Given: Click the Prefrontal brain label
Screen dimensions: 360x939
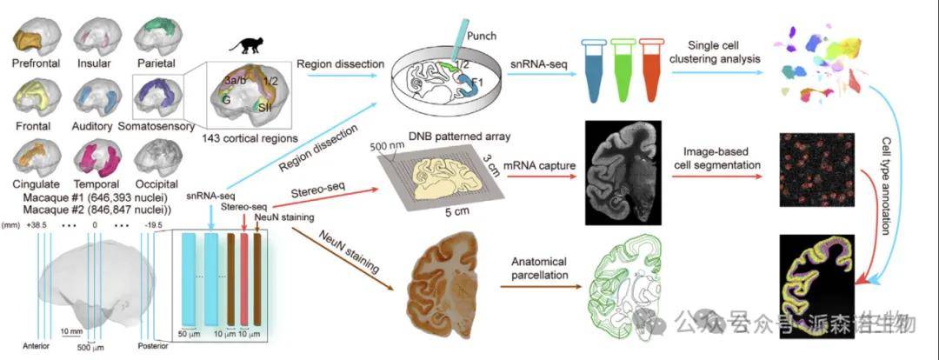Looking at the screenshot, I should point(34,63).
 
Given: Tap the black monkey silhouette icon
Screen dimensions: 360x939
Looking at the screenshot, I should point(237,49).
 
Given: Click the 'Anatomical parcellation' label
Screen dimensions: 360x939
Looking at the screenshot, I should point(534,268).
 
